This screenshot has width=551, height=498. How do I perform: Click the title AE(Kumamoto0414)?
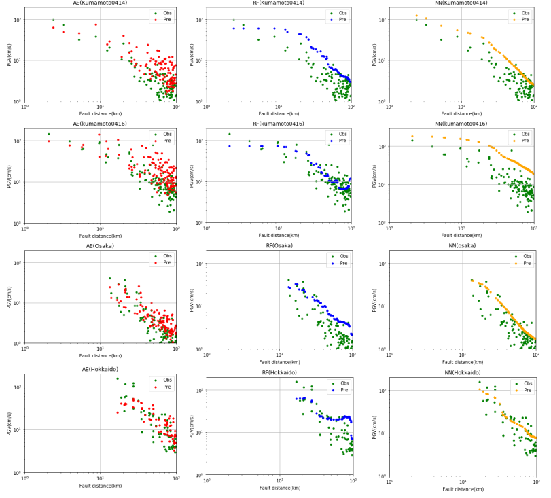100,3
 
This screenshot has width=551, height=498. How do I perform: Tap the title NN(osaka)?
463,246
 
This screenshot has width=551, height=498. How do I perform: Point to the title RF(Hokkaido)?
279,372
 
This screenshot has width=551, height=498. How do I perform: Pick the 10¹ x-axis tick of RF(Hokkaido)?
280,479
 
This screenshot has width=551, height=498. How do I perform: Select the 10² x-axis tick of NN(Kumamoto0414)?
533,107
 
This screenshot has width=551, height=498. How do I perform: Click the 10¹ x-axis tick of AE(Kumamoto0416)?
100,228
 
